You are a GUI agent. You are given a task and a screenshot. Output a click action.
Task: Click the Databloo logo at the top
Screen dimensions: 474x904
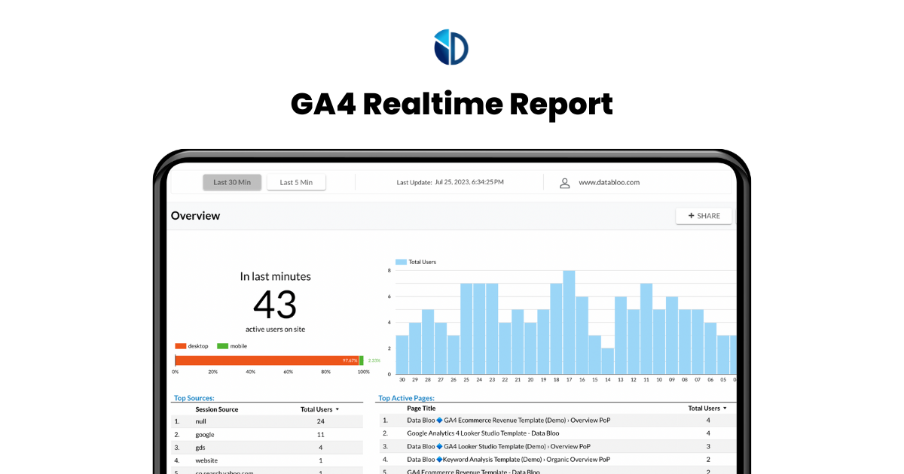coord(451,47)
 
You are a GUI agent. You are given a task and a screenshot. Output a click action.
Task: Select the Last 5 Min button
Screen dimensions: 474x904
coord(296,182)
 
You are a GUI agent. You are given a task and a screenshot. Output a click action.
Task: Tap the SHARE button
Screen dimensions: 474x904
coord(704,216)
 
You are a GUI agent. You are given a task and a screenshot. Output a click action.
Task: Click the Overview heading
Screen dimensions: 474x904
coord(195,216)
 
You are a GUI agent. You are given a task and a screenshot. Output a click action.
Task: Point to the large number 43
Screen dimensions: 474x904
coord(275,305)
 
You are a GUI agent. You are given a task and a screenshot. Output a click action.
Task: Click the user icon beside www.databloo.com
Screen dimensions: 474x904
coord(564,183)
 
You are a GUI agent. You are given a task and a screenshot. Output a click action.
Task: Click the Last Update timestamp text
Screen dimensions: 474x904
coord(450,182)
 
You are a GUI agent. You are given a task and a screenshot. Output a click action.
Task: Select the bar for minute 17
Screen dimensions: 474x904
coord(569,322)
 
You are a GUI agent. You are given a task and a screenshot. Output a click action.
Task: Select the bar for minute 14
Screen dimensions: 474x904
coord(607,361)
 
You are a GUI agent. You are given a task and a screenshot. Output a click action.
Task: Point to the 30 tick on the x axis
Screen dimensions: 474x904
coord(402,380)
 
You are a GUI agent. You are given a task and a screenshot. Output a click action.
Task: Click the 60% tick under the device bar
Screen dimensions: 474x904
coord(289,372)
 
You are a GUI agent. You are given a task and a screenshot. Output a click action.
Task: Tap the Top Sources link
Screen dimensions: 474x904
coord(194,398)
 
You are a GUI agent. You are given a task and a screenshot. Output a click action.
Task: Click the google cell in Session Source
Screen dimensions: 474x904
coord(205,435)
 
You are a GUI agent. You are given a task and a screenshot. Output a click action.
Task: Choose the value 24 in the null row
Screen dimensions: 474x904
coord(320,422)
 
